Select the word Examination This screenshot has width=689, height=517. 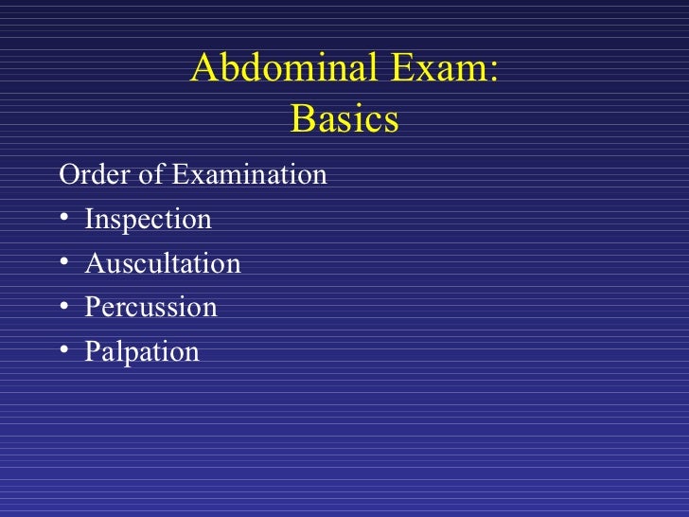(248, 175)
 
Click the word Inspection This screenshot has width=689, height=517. (148, 220)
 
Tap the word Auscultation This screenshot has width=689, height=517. (163, 263)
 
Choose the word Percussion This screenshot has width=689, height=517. (150, 308)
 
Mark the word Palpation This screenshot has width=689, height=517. (142, 352)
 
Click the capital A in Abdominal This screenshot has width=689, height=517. (204, 69)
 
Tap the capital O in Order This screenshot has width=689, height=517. (68, 175)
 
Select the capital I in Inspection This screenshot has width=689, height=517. (89, 220)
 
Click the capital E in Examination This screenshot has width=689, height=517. (179, 175)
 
